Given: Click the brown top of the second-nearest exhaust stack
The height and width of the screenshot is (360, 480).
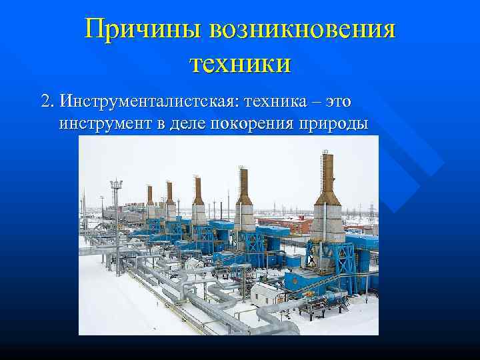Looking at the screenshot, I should (x=244, y=184).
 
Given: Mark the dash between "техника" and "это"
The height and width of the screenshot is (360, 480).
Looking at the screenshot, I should (x=313, y=101).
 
